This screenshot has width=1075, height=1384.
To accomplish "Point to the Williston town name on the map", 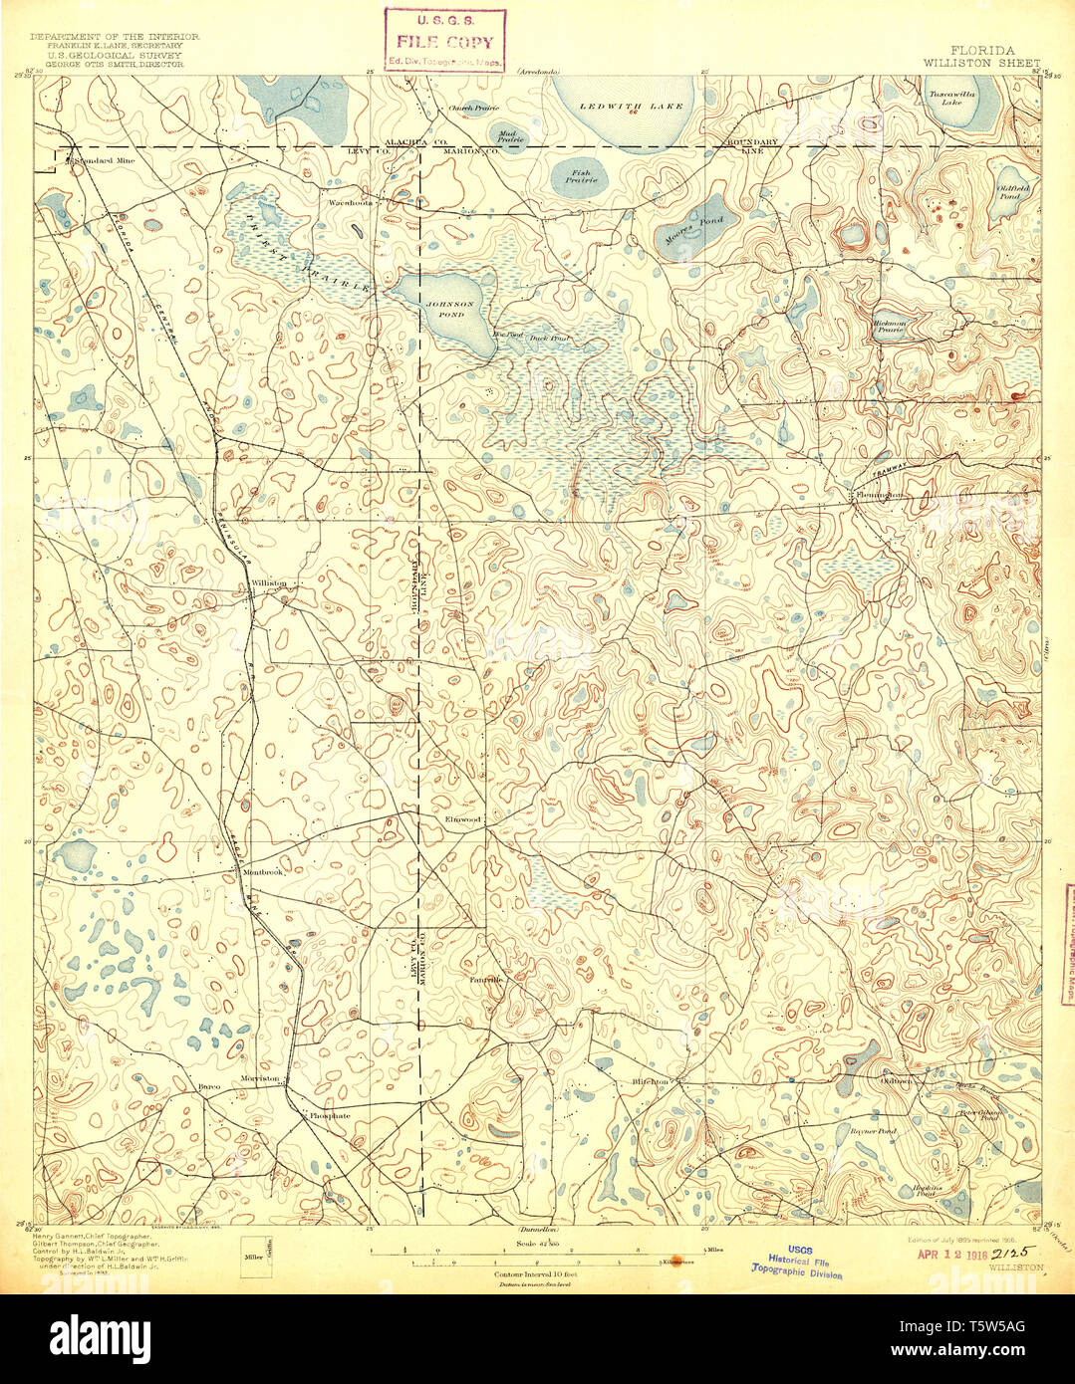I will click(x=269, y=583).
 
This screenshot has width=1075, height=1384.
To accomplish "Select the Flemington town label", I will click(x=876, y=495).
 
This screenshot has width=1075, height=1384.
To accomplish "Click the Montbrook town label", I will click(x=263, y=872).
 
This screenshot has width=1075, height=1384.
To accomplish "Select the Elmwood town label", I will click(x=463, y=819).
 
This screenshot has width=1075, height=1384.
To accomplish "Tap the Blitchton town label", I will click(x=655, y=1080).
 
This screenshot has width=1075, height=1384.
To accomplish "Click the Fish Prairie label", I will click(x=580, y=176).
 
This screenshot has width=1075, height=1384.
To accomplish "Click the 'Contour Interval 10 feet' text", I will click(x=537, y=1273).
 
